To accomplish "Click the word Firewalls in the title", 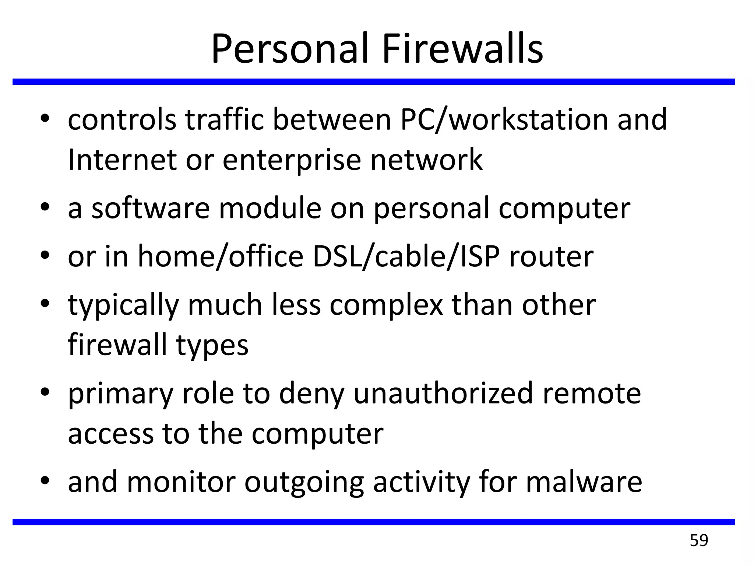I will point(462,49).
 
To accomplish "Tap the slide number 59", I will point(699,541).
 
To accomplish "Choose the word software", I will point(151,208).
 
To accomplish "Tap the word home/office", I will point(220,256).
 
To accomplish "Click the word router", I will point(551,256).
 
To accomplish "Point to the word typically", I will point(123,306).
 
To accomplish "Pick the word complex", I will point(386,306).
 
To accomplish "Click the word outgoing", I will point(304,483).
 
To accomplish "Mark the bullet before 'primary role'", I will point(45,392).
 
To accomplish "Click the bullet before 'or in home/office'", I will point(45,255).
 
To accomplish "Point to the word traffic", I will point(225,120).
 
